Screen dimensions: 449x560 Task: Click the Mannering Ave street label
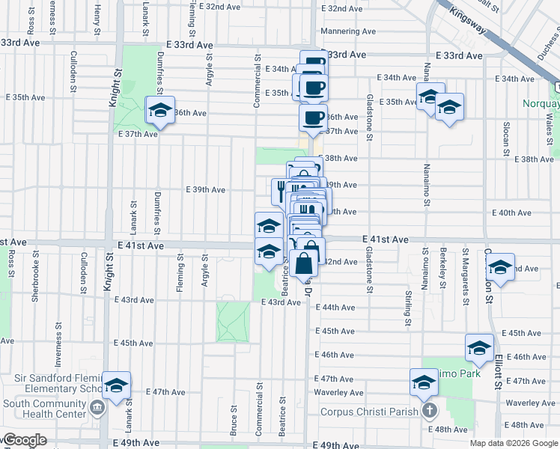(348, 31)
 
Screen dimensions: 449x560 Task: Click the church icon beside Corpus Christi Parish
(429, 411)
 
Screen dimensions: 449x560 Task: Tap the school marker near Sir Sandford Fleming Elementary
(116, 385)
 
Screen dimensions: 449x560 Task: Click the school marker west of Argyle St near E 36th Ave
(159, 110)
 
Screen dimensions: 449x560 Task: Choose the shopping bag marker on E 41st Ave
(304, 262)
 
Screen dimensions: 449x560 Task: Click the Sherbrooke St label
(34, 283)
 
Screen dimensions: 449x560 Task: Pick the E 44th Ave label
(335, 308)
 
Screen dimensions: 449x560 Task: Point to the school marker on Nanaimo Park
(423, 382)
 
